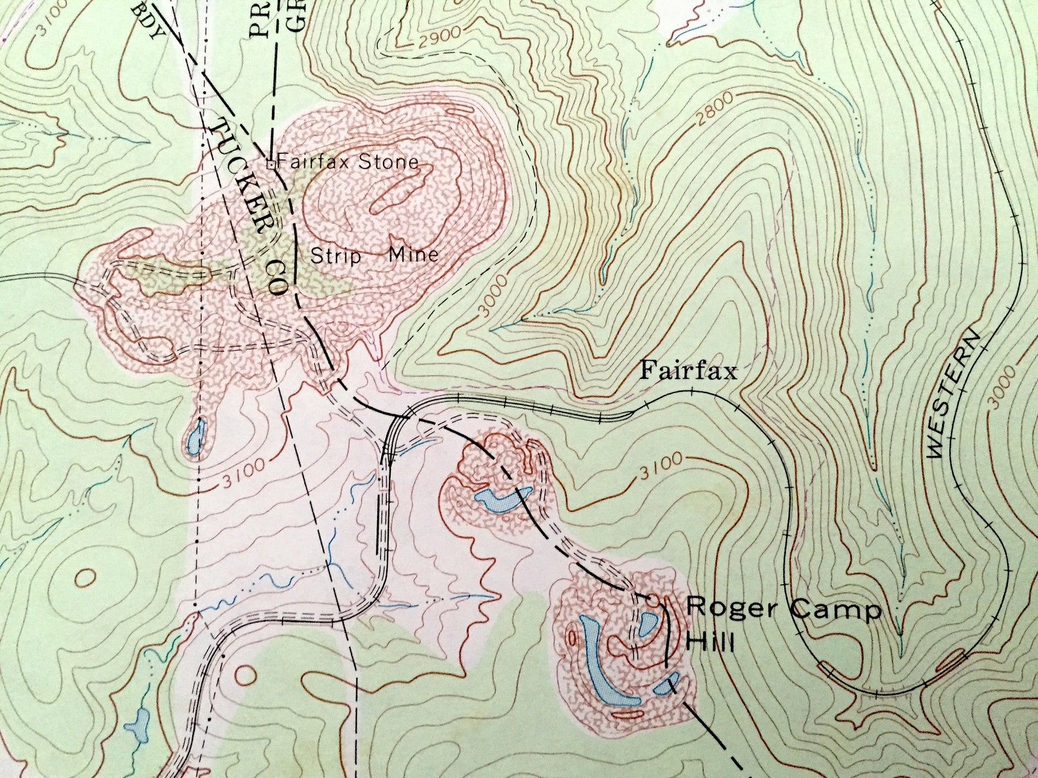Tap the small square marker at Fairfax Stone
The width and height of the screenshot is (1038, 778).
coord(270,163)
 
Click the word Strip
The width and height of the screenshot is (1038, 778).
coord(335,255)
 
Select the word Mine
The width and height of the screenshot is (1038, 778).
coord(414,253)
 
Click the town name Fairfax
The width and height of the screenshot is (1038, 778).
coord(688,371)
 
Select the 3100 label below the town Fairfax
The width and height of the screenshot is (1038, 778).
coord(661,464)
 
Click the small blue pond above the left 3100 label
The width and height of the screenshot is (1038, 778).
coord(195,436)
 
